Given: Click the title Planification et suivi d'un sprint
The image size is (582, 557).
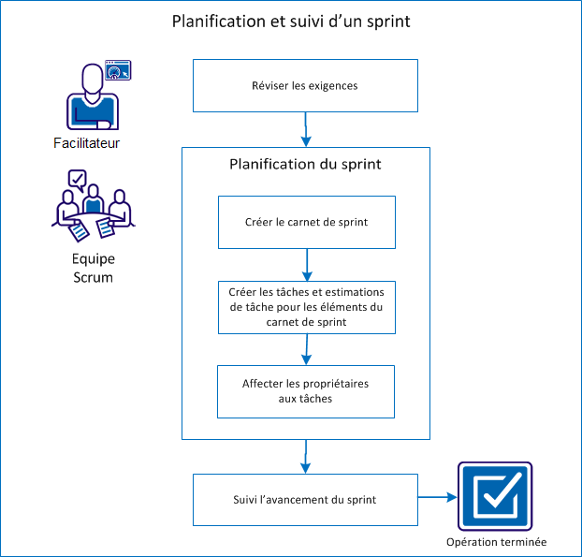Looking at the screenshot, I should pyautogui.click(x=290, y=22).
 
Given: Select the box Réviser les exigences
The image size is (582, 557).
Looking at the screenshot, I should pyautogui.click(x=305, y=86).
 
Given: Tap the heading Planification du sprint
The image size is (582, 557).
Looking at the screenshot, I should pyautogui.click(x=305, y=164).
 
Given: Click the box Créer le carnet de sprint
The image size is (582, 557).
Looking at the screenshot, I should pyautogui.click(x=306, y=222).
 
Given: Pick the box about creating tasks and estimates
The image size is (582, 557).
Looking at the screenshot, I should pyautogui.click(x=306, y=307).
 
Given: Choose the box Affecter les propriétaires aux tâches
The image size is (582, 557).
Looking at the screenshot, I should pyautogui.click(x=306, y=391).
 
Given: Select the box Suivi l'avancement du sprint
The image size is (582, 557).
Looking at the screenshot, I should pyautogui.click(x=305, y=499).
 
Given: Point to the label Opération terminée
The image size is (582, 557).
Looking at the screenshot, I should pyautogui.click(x=496, y=542).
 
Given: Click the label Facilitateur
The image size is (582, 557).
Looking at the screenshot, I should pyautogui.click(x=87, y=143).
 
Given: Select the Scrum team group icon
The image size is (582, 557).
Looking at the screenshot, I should pyautogui.click(x=92, y=204).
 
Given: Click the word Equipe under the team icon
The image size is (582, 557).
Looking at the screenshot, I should pyautogui.click(x=92, y=259).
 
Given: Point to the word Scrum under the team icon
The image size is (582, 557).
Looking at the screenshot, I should pyautogui.click(x=92, y=277).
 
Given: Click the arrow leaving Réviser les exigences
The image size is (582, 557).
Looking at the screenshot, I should pyautogui.click(x=306, y=129).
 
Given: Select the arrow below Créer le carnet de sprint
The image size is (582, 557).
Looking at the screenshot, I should pyautogui.click(x=306, y=264).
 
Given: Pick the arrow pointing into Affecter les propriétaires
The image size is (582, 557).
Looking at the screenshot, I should pyautogui.click(x=306, y=349).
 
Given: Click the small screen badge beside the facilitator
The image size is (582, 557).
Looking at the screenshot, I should pyautogui.click(x=118, y=69).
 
